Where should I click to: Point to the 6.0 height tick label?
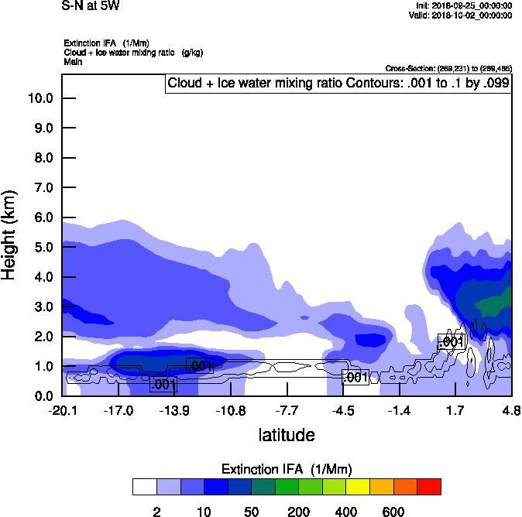pyautogui.click(x=42, y=217)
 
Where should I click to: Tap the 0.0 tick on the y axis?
pyautogui.click(x=42, y=396)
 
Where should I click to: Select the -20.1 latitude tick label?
pyautogui.click(x=62, y=410)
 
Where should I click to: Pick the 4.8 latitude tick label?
pyautogui.click(x=510, y=410)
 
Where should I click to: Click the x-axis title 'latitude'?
pyautogui.click(x=287, y=435)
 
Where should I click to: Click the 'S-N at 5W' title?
pyautogui.click(x=91, y=6)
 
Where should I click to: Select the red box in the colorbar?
pyautogui.click(x=428, y=487)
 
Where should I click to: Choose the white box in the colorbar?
pyautogui.click(x=144, y=487)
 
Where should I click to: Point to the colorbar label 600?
pyautogui.click(x=393, y=512)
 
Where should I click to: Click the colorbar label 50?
pyautogui.click(x=251, y=512)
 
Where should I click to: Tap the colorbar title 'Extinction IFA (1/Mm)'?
pyautogui.click(x=286, y=469)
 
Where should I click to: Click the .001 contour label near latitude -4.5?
pyautogui.click(x=355, y=378)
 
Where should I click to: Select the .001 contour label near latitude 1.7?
pyautogui.click(x=451, y=342)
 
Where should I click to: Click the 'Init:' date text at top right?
pyautogui.click(x=463, y=6)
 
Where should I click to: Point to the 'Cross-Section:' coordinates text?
pyautogui.click(x=448, y=68)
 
